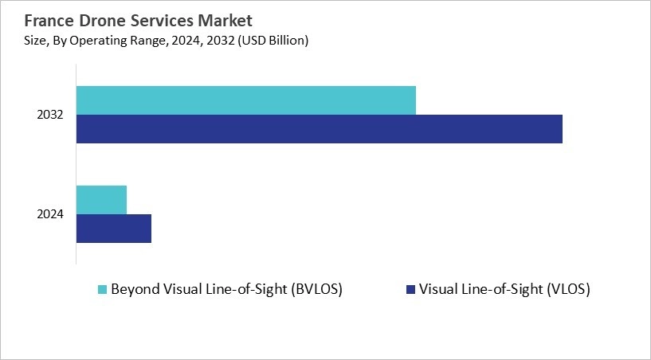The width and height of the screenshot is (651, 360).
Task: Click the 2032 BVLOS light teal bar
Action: tap(246, 100)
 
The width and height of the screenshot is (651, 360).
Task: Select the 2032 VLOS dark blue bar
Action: tap(320, 129)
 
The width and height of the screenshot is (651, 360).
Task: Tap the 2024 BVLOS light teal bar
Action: tap(101, 199)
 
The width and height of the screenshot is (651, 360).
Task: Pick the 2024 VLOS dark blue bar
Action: tap(114, 228)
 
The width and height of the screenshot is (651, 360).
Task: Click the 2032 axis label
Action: tap(49, 115)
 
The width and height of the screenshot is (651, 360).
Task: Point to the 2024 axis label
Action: tap(49, 213)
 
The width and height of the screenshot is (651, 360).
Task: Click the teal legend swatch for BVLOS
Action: tap(101, 289)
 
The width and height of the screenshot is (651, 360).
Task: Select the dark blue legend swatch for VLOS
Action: tap(410, 289)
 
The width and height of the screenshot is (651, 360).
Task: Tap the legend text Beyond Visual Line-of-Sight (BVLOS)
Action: tap(227, 289)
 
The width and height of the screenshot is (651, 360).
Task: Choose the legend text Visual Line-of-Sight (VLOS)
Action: tap(504, 289)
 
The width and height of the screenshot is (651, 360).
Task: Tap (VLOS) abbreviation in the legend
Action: tap(567, 289)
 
